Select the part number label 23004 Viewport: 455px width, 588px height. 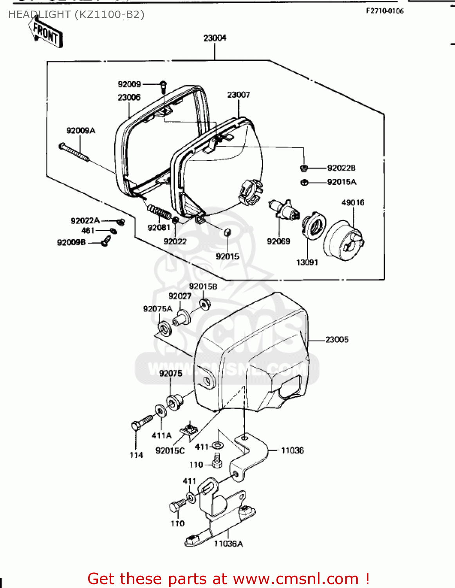(215, 38)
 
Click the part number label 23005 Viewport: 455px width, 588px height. (336, 339)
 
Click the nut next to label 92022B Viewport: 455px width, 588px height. (304, 169)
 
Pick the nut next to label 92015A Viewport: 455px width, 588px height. (304, 182)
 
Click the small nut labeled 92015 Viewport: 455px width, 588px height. (227, 232)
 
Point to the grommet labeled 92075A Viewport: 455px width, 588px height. (164, 328)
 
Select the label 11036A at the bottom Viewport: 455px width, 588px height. (228, 544)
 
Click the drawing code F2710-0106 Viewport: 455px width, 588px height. (385, 11)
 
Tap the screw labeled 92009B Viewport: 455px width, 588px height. (105, 240)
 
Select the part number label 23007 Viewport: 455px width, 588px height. (238, 95)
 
